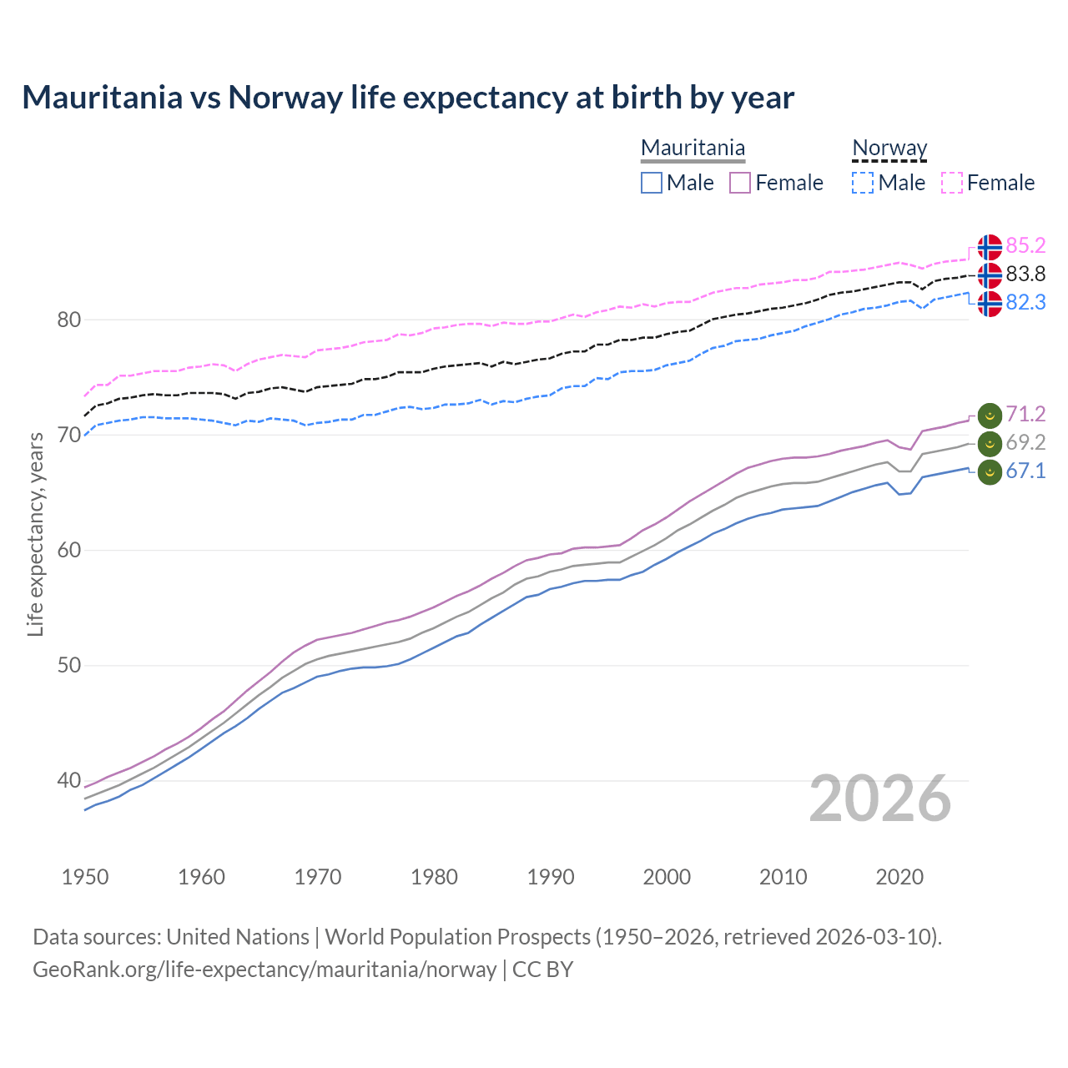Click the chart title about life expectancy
click(408, 98)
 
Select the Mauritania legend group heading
click(693, 148)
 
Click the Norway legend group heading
click(889, 148)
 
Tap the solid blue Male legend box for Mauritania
click(652, 183)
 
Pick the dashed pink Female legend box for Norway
click(952, 183)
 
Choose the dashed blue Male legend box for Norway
click(863, 183)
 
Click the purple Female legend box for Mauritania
click(740, 183)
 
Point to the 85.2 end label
click(1025, 246)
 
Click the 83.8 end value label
click(1025, 275)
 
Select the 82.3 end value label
click(1025, 303)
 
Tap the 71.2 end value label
click(1025, 415)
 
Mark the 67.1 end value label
click(1025, 471)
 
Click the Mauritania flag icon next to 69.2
click(990, 443)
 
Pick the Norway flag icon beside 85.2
click(990, 247)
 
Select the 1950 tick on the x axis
click(85, 877)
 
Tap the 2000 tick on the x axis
click(667, 877)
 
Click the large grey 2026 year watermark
click(880, 799)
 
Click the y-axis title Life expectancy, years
click(35, 534)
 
